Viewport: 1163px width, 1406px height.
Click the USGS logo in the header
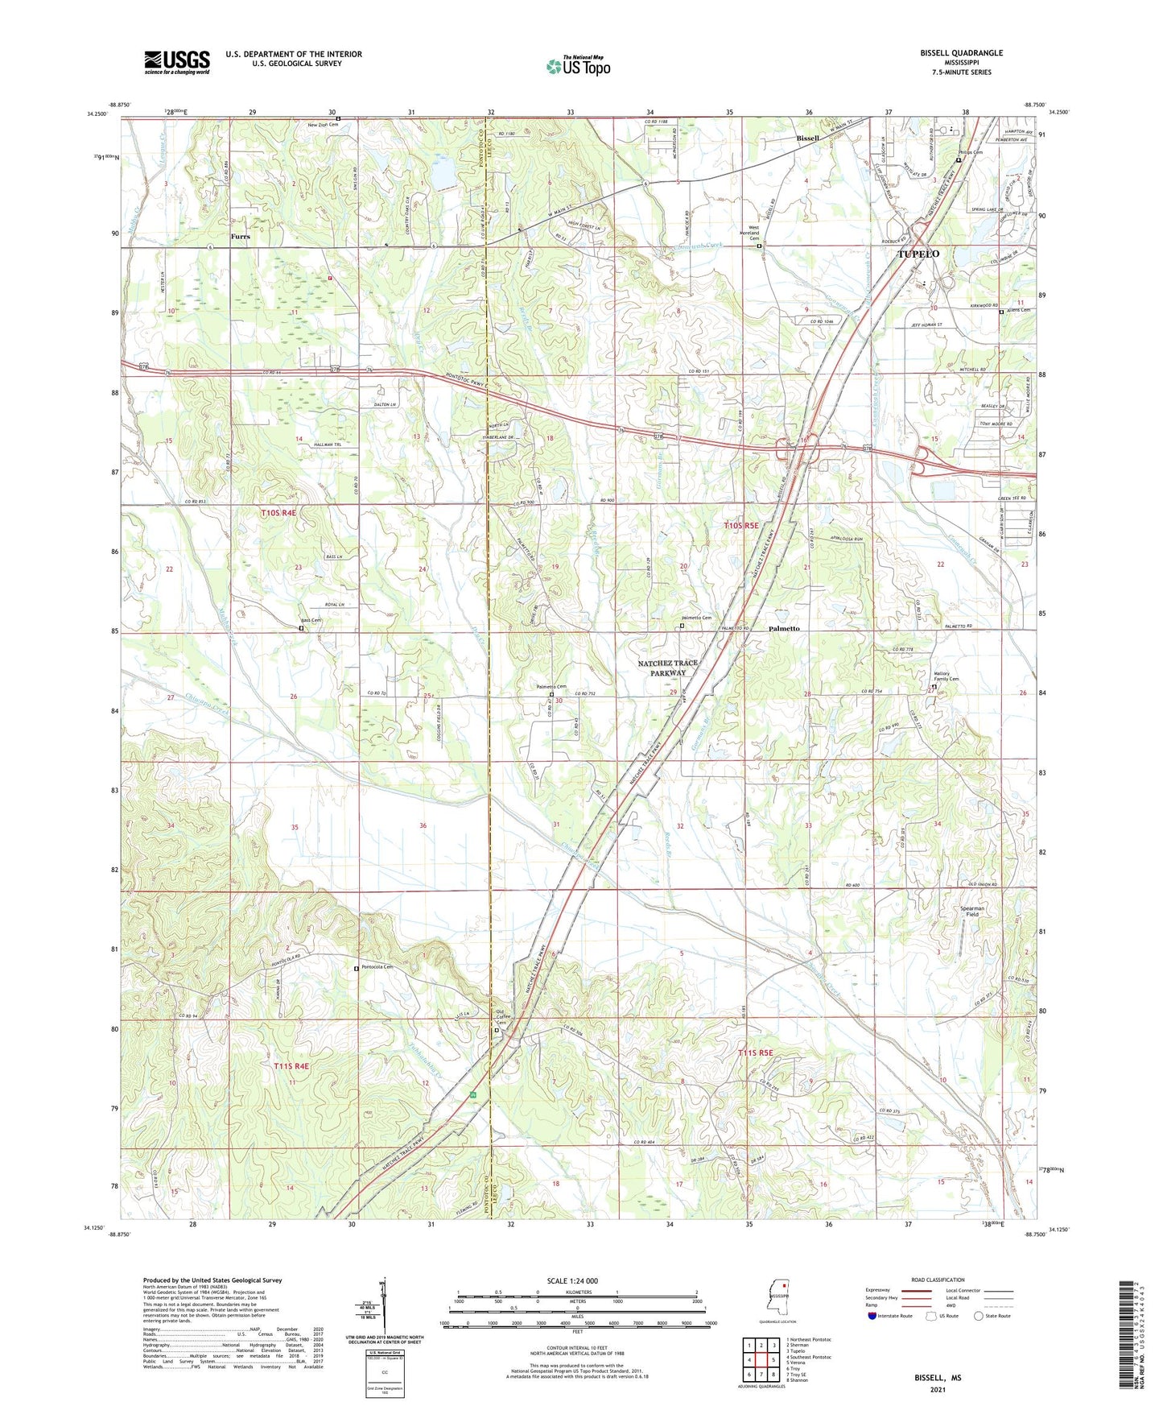pos(177,62)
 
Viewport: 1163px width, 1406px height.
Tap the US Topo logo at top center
pos(578,66)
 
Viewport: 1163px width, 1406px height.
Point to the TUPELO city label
pos(918,254)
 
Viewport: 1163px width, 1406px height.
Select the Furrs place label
pos(240,237)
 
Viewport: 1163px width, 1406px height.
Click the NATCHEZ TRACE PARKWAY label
pos(667,668)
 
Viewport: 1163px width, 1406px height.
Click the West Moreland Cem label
pos(754,233)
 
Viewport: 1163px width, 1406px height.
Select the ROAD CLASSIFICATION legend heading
pos(938,1280)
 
